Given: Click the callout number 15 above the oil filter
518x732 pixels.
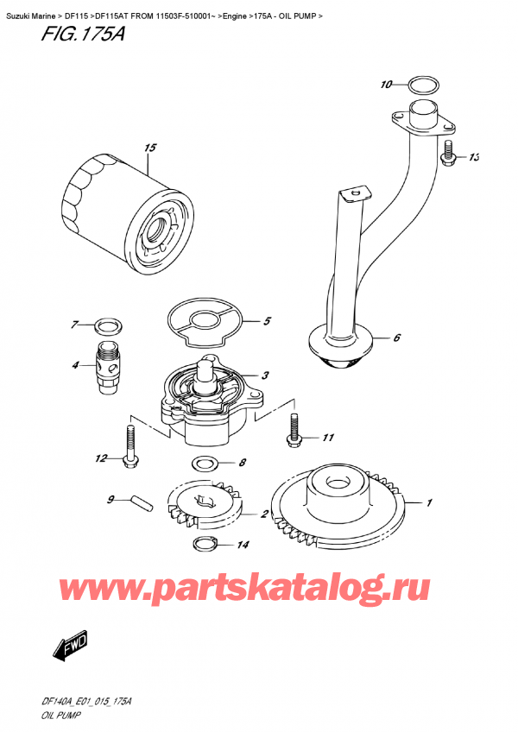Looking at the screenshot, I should tap(150, 148).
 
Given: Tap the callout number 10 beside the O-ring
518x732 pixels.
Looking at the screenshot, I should tap(386, 85).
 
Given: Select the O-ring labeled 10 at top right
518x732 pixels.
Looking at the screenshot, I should tap(420, 85).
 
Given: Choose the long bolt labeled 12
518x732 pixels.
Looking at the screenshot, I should tap(130, 449).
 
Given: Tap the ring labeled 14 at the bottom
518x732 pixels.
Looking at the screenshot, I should tap(204, 544).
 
